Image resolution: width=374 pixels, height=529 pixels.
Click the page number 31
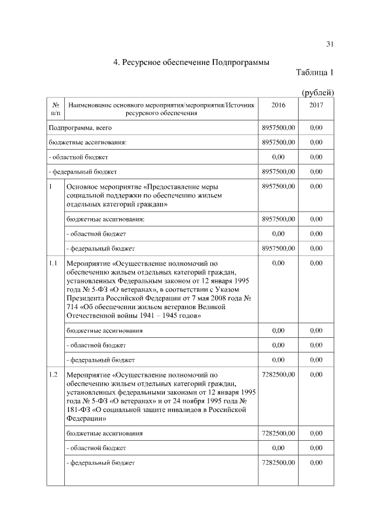330,44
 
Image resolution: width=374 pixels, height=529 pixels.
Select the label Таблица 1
314,73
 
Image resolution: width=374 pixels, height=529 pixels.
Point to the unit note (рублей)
317,92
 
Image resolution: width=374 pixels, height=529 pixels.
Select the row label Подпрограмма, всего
80,127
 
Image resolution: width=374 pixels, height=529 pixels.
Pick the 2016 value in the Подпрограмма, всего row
278,127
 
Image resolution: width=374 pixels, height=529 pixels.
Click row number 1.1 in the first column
53,263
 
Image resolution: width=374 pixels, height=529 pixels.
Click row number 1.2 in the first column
53,374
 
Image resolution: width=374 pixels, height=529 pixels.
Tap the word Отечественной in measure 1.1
95,316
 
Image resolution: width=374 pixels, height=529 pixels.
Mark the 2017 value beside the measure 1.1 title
316,263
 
